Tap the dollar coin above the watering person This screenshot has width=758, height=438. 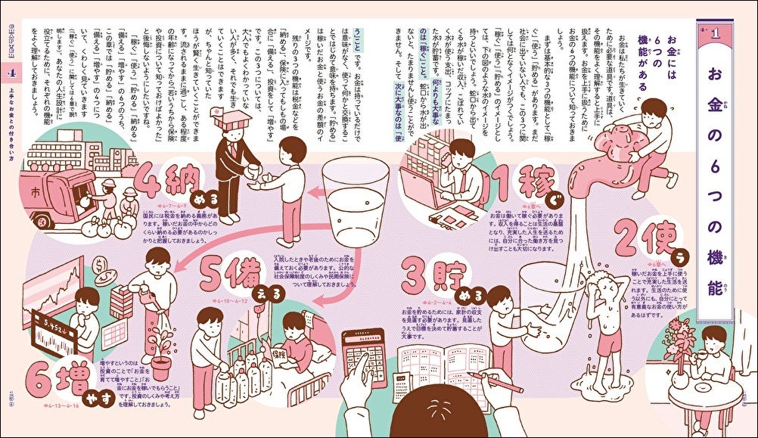(103, 266)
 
